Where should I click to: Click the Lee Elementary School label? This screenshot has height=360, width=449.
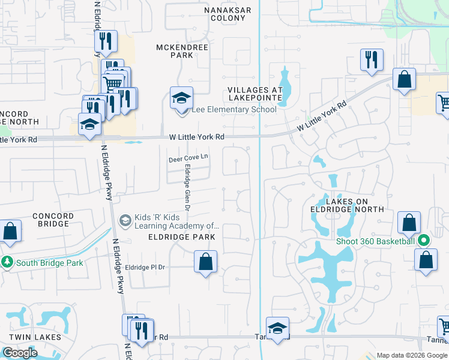point(234,110)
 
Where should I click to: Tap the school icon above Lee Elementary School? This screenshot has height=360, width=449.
point(181,98)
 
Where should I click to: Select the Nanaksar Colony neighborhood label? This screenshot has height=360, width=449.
point(225,14)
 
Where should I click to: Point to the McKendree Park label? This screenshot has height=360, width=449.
point(175,51)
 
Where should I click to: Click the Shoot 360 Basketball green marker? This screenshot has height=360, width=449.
point(424,241)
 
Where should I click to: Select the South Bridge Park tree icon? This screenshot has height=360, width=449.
point(7,263)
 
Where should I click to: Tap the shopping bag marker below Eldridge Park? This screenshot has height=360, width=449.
point(205,262)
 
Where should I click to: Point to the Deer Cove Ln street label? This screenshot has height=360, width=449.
point(188,158)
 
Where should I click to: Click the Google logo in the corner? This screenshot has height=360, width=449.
point(19,353)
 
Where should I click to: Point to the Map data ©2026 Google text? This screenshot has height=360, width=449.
point(412,355)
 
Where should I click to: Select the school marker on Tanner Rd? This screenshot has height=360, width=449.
point(277,328)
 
